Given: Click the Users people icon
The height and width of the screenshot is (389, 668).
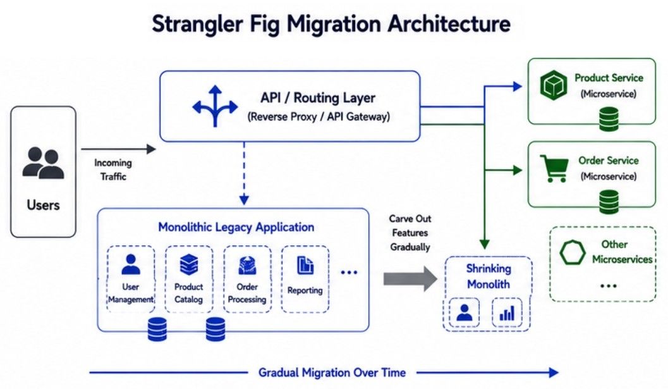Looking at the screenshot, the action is point(43,163).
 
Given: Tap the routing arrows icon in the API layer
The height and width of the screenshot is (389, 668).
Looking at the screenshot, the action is point(215,106).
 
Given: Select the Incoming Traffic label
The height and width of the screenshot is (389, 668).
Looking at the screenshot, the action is point(113,170).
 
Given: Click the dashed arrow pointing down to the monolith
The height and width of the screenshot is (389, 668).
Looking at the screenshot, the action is point(244,173).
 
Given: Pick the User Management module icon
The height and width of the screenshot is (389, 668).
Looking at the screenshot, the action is point(131,264).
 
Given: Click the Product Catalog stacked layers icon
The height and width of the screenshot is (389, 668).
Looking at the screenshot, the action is point(189,264).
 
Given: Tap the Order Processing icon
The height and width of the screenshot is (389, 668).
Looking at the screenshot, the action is point(247,265).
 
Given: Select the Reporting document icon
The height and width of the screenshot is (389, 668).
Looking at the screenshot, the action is point(305,265).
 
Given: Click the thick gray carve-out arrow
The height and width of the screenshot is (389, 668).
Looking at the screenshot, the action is point(410,279).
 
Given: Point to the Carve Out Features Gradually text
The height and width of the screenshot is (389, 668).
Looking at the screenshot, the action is point(410,233).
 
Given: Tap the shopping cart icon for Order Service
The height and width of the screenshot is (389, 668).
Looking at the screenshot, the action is point(554,168).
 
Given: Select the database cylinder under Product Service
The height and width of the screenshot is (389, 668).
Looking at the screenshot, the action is point(609,119).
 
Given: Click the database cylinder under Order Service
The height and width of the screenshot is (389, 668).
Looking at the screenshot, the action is point(609,202).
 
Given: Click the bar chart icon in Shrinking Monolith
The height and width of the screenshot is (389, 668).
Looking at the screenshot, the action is point(507,313).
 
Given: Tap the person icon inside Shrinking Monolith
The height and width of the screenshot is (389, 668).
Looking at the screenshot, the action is point(465,312).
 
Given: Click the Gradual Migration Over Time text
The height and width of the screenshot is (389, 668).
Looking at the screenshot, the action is point(332,373).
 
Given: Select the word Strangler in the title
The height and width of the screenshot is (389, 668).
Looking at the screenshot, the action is point(197,24).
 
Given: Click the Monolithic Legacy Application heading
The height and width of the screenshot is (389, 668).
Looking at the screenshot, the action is point(236,227).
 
